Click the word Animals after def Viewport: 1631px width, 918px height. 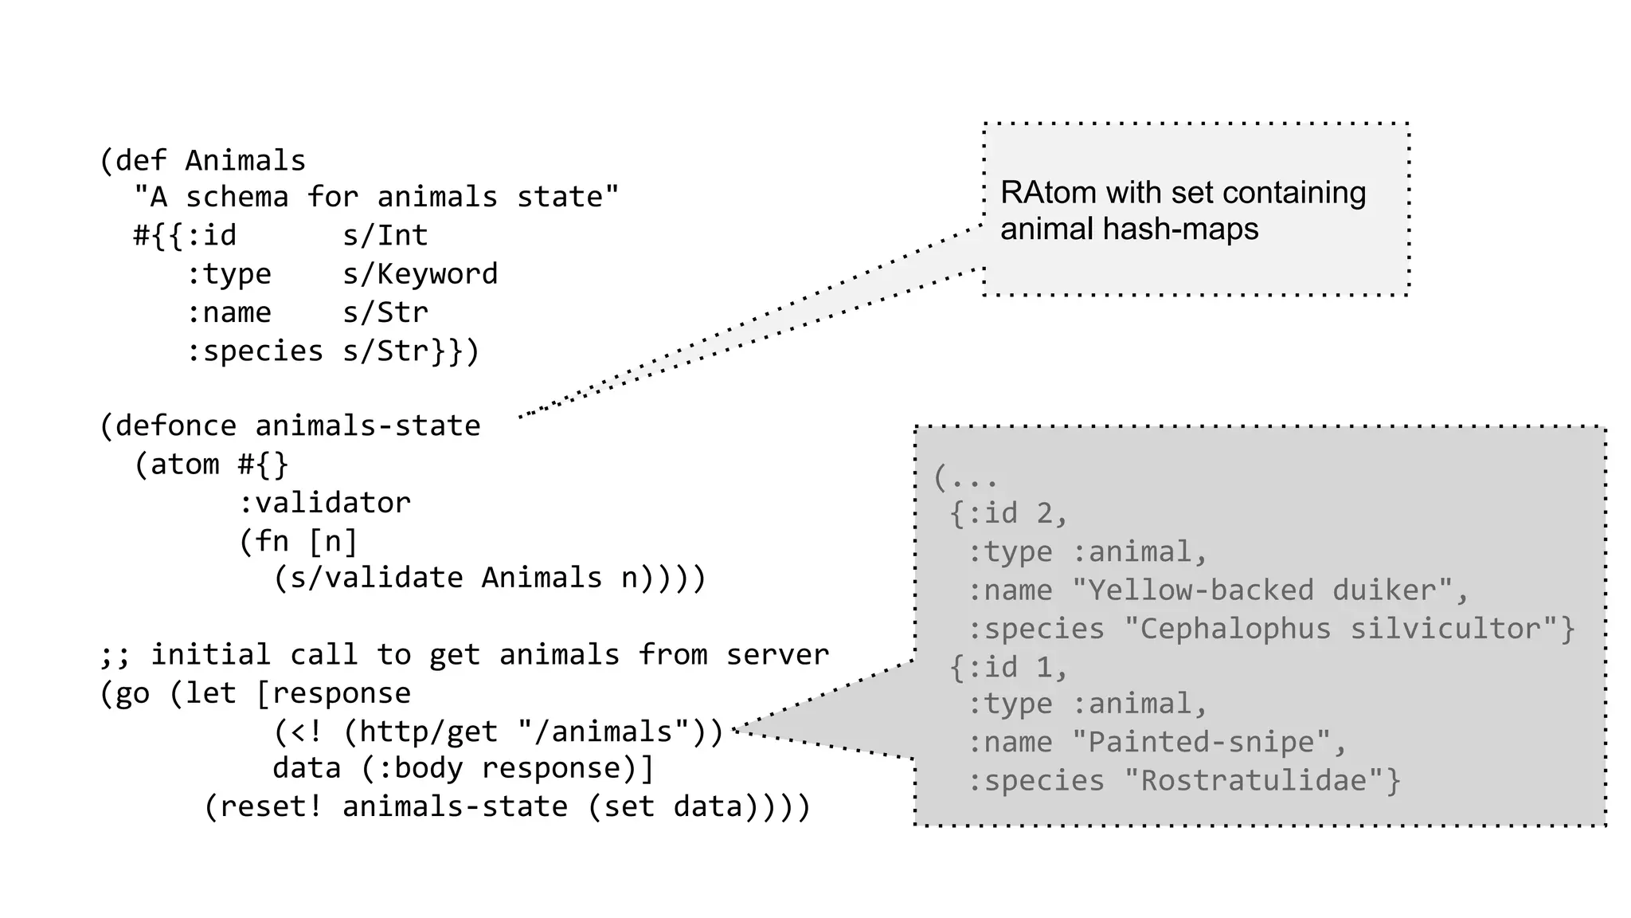(245, 161)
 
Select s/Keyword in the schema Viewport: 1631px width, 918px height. (420, 274)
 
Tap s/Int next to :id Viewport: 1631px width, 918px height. (385, 236)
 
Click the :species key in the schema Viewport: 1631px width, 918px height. (254, 351)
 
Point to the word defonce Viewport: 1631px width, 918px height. (175, 426)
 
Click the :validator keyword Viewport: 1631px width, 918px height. (324, 503)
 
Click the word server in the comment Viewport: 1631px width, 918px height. (777, 655)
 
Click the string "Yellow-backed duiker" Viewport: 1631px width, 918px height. (1262, 590)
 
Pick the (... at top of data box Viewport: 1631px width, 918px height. (964, 478)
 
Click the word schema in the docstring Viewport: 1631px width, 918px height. (237, 198)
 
